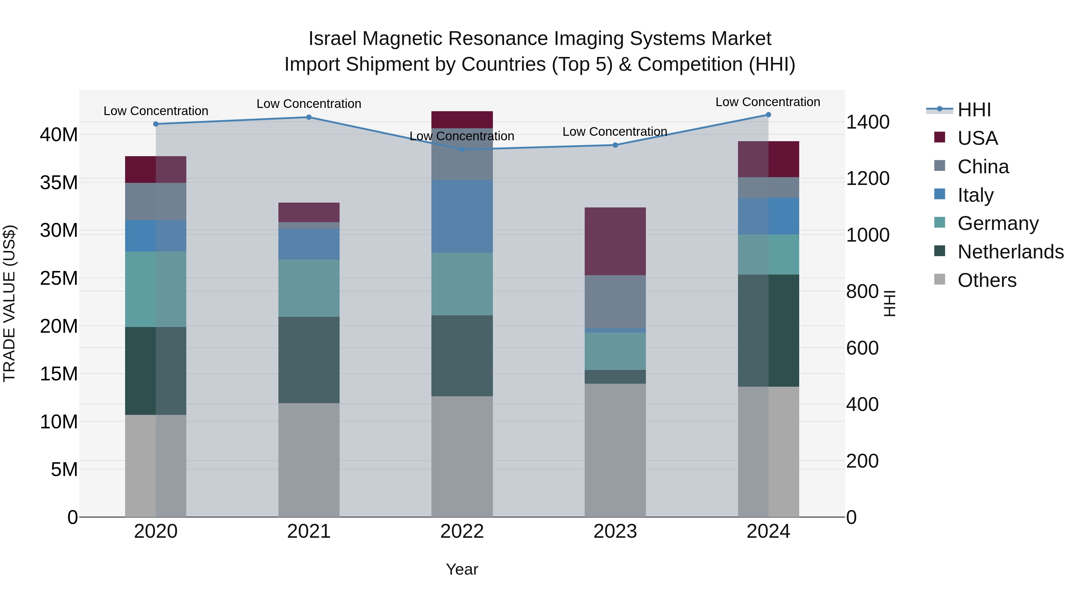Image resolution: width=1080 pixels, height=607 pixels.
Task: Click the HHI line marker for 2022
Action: [462, 149]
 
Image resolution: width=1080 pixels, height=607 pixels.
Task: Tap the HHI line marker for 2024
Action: [768, 115]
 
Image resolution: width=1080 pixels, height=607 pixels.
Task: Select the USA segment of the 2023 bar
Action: [615, 241]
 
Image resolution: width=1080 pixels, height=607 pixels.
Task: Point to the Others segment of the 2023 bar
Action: [615, 450]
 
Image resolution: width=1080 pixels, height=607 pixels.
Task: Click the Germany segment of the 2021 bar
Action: [309, 288]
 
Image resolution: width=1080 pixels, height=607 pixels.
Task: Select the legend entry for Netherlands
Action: [1010, 252]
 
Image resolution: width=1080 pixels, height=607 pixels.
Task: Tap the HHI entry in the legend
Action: [974, 110]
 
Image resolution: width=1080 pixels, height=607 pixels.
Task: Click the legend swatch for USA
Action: [940, 137]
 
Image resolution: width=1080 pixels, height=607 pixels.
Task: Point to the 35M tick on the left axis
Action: [59, 183]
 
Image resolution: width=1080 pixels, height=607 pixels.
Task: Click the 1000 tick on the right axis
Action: [867, 235]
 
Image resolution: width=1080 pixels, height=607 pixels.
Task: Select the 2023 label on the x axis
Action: [615, 531]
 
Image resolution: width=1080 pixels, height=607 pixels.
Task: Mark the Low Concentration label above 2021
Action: [309, 103]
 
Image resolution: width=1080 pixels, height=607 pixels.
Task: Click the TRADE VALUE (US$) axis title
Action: [9, 303]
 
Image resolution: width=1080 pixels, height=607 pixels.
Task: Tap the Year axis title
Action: [462, 569]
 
